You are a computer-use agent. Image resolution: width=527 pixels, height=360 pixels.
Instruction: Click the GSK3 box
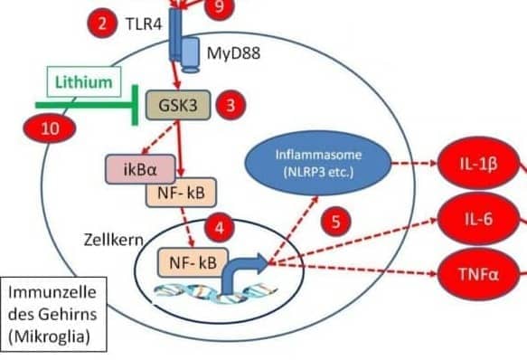tap(178, 105)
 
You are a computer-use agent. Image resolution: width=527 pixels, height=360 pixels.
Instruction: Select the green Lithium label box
tap(84, 81)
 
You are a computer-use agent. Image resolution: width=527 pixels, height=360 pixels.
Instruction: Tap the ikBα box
tap(140, 169)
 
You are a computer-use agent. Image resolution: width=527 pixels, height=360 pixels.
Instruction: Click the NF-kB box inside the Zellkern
tap(193, 262)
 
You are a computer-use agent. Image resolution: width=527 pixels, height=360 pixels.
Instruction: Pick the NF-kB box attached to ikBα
tap(181, 193)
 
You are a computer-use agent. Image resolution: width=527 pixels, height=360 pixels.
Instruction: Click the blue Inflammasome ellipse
tap(318, 163)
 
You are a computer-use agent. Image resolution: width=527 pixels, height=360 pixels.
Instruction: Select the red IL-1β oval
tap(478, 164)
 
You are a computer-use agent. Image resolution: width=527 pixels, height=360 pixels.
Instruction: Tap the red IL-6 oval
tap(478, 219)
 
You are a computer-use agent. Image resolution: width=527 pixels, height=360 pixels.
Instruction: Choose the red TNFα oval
tap(478, 274)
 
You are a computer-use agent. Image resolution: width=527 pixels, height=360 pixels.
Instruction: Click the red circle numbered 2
tap(102, 24)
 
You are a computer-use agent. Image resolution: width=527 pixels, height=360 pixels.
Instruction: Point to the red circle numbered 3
tap(231, 105)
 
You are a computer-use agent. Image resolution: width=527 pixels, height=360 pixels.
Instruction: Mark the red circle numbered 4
tap(220, 228)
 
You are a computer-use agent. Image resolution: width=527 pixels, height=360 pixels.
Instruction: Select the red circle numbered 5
tap(335, 222)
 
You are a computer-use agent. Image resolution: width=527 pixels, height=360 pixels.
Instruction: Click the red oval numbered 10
tap(50, 128)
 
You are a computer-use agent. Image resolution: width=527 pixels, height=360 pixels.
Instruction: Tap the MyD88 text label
tap(233, 53)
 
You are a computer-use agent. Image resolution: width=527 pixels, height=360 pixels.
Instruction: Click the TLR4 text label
tap(144, 24)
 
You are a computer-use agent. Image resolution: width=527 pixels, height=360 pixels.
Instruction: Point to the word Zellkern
tap(114, 241)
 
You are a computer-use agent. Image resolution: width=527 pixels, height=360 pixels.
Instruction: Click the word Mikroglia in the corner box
tap(49, 336)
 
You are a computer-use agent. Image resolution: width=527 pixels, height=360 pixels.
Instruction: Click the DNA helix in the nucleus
tap(215, 293)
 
